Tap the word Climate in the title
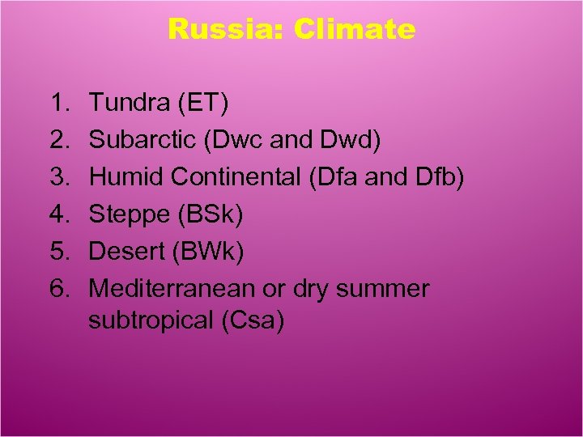tap(355, 30)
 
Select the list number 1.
tap(57, 104)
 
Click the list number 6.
tap(57, 289)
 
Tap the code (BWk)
tap(207, 252)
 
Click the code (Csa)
tap(253, 320)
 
